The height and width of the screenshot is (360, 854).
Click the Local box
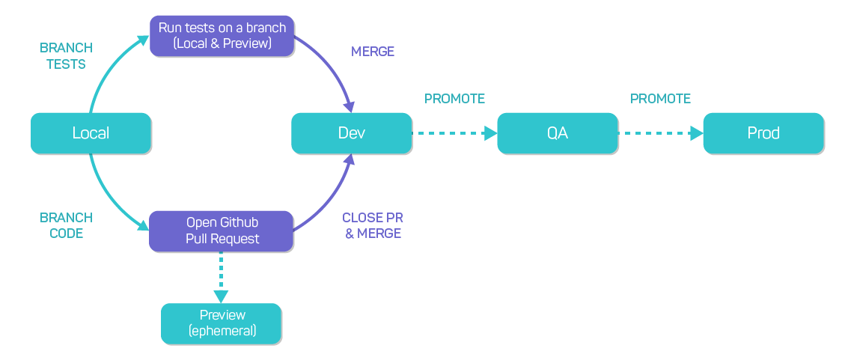pyautogui.click(x=91, y=133)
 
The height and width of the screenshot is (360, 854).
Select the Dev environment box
pyautogui.click(x=351, y=133)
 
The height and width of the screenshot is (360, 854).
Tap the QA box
pyautogui.click(x=558, y=133)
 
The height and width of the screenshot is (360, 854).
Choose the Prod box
pyautogui.click(x=763, y=133)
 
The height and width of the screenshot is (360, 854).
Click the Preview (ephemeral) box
pyautogui.click(x=222, y=323)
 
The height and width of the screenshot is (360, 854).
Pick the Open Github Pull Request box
pyautogui.click(x=222, y=231)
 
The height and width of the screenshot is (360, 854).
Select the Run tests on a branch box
pyautogui.click(x=222, y=36)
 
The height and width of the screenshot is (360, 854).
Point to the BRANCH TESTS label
pyautogui.click(x=66, y=56)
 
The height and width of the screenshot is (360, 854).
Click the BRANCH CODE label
pyautogui.click(x=66, y=225)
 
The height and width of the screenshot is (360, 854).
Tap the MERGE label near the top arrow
pyautogui.click(x=373, y=52)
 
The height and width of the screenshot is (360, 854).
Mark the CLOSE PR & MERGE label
pyautogui.click(x=373, y=225)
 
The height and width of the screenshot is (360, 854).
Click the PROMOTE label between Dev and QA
pyautogui.click(x=454, y=99)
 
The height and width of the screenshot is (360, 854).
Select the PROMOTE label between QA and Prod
pyautogui.click(x=660, y=99)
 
